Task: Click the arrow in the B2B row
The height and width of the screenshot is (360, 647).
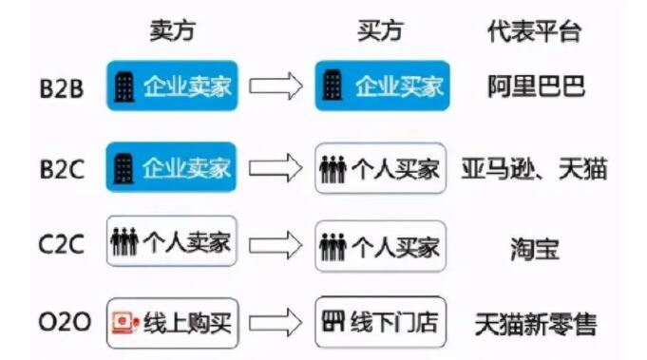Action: (x=276, y=86)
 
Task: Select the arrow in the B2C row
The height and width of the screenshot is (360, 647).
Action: (x=276, y=168)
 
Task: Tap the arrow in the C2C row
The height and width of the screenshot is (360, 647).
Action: (x=276, y=246)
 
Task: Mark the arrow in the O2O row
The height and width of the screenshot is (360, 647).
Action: (x=276, y=323)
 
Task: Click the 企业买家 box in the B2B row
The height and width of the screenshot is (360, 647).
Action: (x=381, y=86)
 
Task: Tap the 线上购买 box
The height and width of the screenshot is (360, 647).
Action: (x=172, y=323)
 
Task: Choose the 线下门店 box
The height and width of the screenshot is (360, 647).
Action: (x=380, y=323)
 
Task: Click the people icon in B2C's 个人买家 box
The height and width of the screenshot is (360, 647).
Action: (x=333, y=169)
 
